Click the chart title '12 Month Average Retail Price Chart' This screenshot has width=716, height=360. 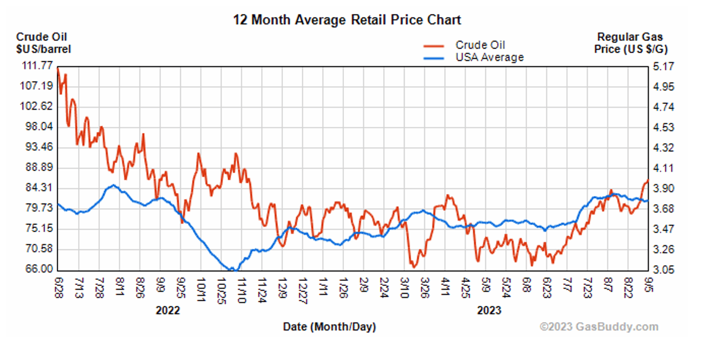tap(347, 20)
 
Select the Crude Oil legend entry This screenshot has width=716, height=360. tap(480, 45)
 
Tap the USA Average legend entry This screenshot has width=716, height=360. tap(489, 57)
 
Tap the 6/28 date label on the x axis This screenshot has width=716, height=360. tap(58, 285)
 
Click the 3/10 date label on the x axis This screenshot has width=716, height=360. tap(404, 287)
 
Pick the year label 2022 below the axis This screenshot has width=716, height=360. tap(168, 311)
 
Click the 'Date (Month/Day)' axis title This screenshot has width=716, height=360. tap(329, 327)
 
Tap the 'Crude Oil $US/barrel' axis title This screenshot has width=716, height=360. tap(43, 43)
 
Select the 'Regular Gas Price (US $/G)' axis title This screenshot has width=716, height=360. tap(630, 43)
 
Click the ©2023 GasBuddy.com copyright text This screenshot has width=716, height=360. tap(599, 327)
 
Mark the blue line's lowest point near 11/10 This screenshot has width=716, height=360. tap(232, 270)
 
